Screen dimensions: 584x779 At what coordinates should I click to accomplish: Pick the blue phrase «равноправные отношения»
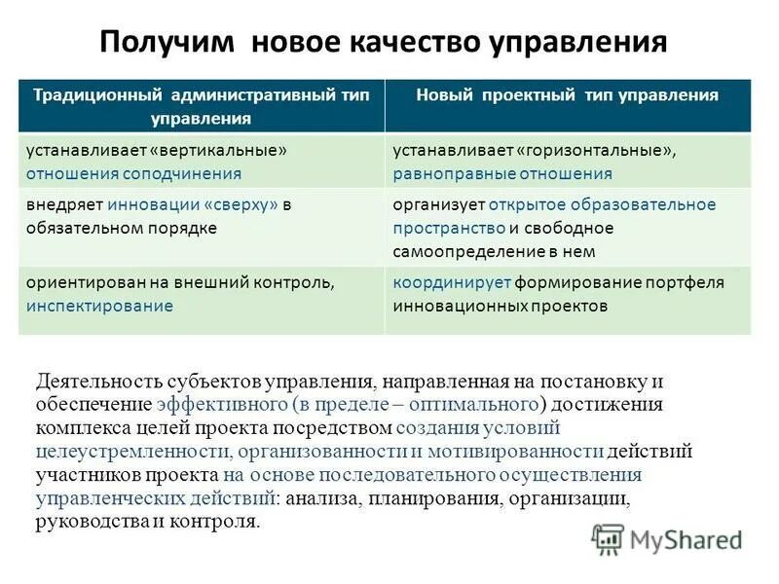502,174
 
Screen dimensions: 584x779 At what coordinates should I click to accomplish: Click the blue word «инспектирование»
99,306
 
